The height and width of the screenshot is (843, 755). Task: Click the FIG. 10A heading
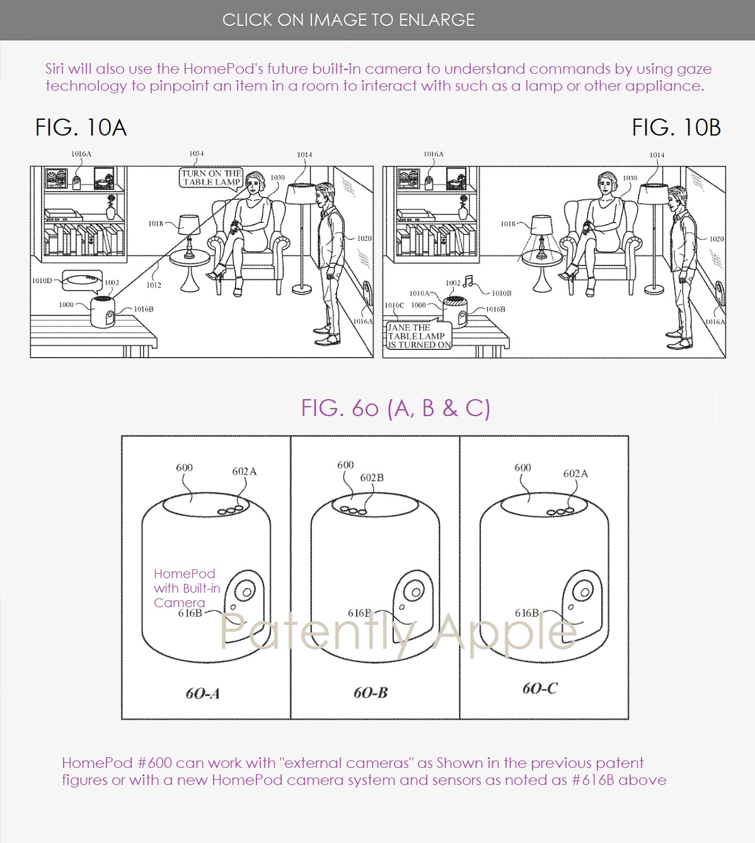[x=81, y=127]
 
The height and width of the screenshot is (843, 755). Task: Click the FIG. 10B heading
[x=676, y=127]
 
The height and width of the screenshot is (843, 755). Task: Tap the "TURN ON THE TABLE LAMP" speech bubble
[x=211, y=178]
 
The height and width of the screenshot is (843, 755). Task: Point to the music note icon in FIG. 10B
[x=470, y=281]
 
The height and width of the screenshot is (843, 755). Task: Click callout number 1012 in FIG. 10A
[x=154, y=285]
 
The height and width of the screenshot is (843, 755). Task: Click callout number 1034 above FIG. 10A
[x=197, y=154]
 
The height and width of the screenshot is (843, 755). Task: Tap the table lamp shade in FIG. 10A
[x=189, y=224]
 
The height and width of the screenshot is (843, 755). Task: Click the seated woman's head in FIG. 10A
[x=255, y=182]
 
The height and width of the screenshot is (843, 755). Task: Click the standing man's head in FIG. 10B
[x=676, y=197]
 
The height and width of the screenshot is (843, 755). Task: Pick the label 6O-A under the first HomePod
[x=202, y=693]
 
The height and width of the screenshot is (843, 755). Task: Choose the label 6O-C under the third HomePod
[x=539, y=689]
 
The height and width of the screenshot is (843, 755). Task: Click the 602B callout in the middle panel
[x=371, y=478]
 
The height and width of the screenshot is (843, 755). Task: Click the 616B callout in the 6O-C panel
[x=527, y=613]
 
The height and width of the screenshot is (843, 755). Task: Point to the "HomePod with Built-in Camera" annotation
[x=187, y=588]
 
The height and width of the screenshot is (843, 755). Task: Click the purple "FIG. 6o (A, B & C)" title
[x=396, y=408]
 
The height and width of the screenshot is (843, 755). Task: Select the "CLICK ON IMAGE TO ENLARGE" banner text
[x=349, y=20]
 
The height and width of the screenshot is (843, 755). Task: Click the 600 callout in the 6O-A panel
[x=184, y=467]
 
